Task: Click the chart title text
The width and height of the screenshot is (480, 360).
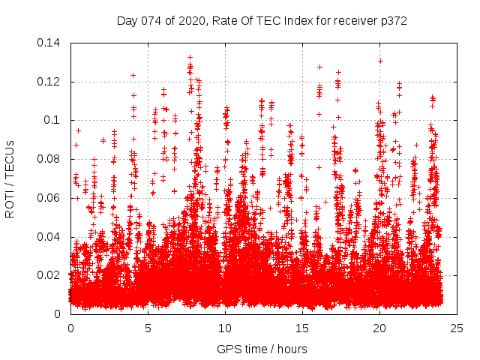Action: (x=262, y=20)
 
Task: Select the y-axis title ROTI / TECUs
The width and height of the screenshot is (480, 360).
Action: (x=10, y=178)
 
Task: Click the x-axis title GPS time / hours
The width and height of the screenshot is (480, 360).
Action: (x=262, y=349)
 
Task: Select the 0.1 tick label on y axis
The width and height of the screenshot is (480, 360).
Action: (x=55, y=120)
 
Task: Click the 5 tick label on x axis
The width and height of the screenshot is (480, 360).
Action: (x=148, y=328)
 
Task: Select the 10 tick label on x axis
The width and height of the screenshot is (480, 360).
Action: (x=225, y=328)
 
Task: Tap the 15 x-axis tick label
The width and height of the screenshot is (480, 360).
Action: (x=302, y=328)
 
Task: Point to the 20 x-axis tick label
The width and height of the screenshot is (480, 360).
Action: (x=380, y=328)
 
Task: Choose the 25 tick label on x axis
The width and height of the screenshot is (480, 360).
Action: (x=457, y=328)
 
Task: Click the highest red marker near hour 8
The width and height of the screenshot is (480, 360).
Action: (x=190, y=57)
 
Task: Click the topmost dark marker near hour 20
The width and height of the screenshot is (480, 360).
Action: (x=380, y=61)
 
